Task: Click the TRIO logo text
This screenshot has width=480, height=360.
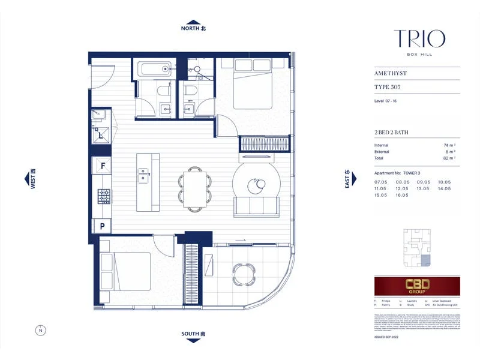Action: click(419, 40)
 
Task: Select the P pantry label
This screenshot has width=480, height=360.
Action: click(103, 227)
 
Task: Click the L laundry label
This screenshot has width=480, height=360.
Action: click(101, 135)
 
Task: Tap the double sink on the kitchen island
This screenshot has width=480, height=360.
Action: click(143, 174)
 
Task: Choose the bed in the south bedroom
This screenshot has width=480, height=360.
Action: click(125, 270)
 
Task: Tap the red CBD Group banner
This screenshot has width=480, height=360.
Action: click(417, 286)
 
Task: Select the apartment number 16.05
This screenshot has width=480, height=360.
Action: click(402, 195)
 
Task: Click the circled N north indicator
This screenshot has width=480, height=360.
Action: click(40, 329)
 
